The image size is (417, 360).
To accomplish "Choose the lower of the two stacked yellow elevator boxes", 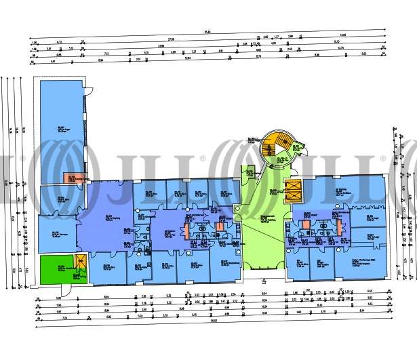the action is (293, 197).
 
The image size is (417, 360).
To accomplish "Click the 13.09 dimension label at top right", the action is (342, 35).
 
